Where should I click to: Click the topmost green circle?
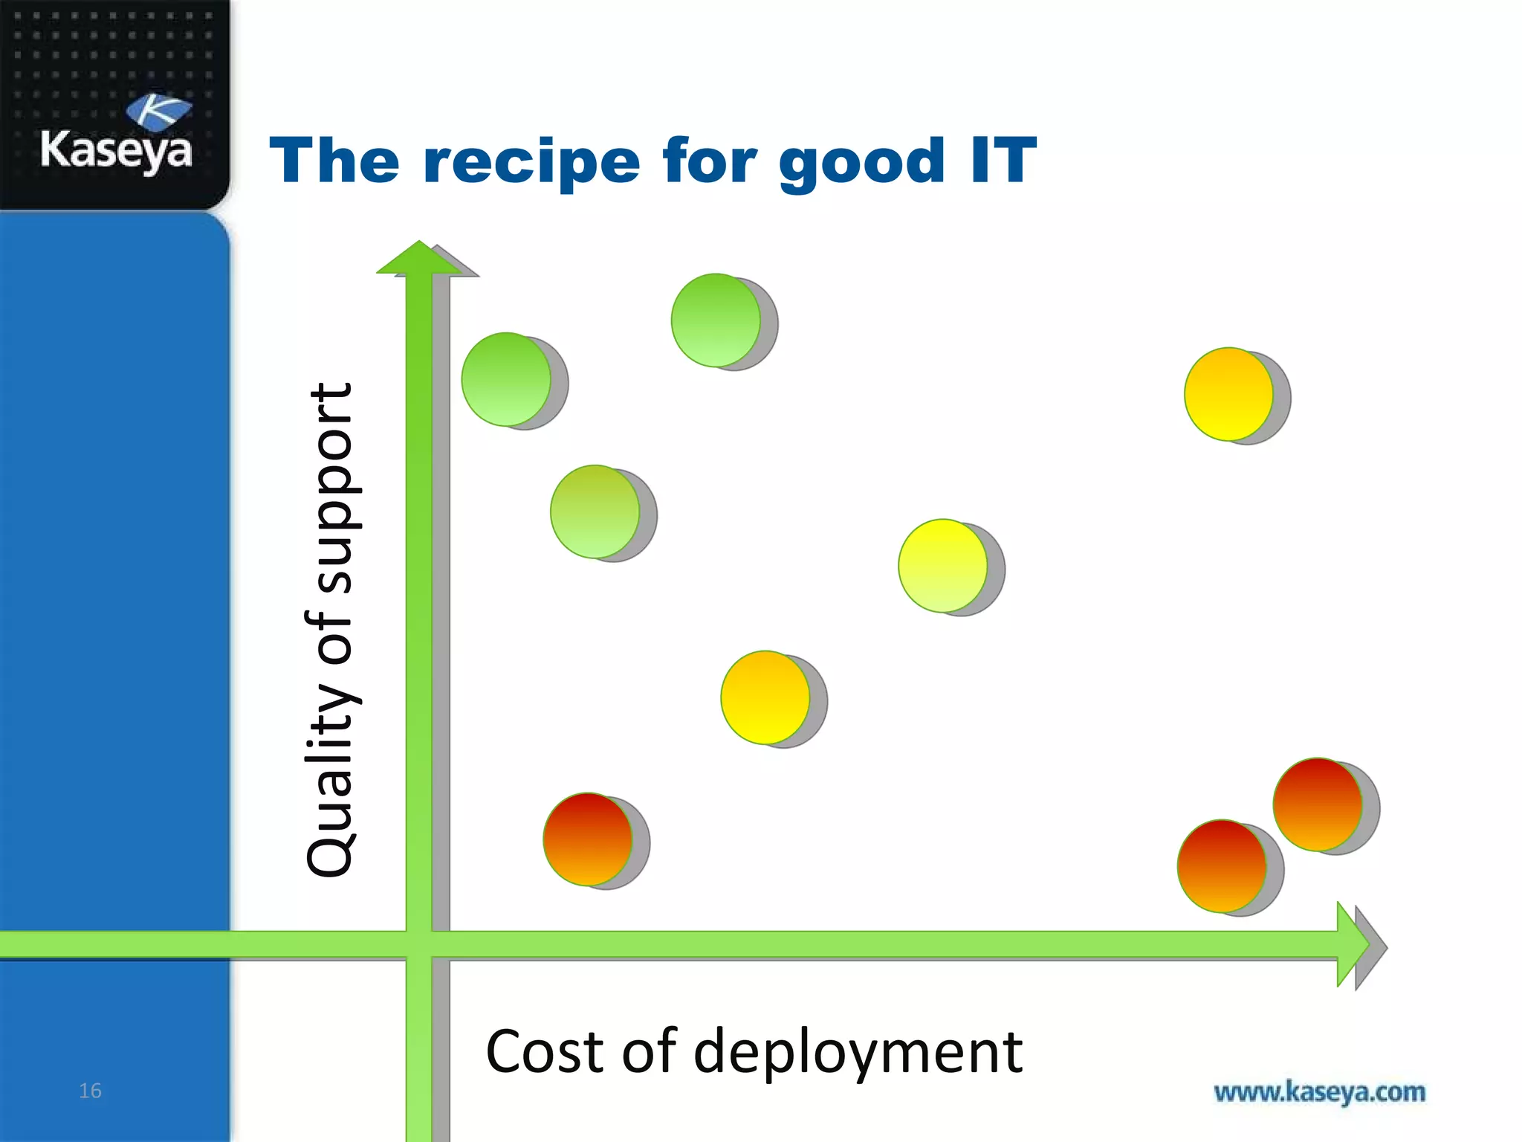[716, 320]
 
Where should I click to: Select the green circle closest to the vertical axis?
[506, 379]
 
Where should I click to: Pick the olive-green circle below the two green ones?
[595, 512]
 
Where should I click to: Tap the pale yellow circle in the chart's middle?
[942, 566]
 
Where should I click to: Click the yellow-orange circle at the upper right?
[1228, 394]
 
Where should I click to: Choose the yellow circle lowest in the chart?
[765, 697]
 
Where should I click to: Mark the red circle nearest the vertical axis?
[587, 839]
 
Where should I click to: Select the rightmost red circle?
[1317, 804]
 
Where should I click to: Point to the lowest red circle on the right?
[1222, 866]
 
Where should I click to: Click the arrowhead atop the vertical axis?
[419, 259]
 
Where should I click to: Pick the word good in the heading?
[861, 162]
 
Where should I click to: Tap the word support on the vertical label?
[331, 488]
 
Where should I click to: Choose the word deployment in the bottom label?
[858, 1053]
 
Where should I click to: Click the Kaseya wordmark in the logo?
[116, 150]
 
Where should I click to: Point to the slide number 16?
[90, 1091]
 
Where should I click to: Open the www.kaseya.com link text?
[1319, 1092]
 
